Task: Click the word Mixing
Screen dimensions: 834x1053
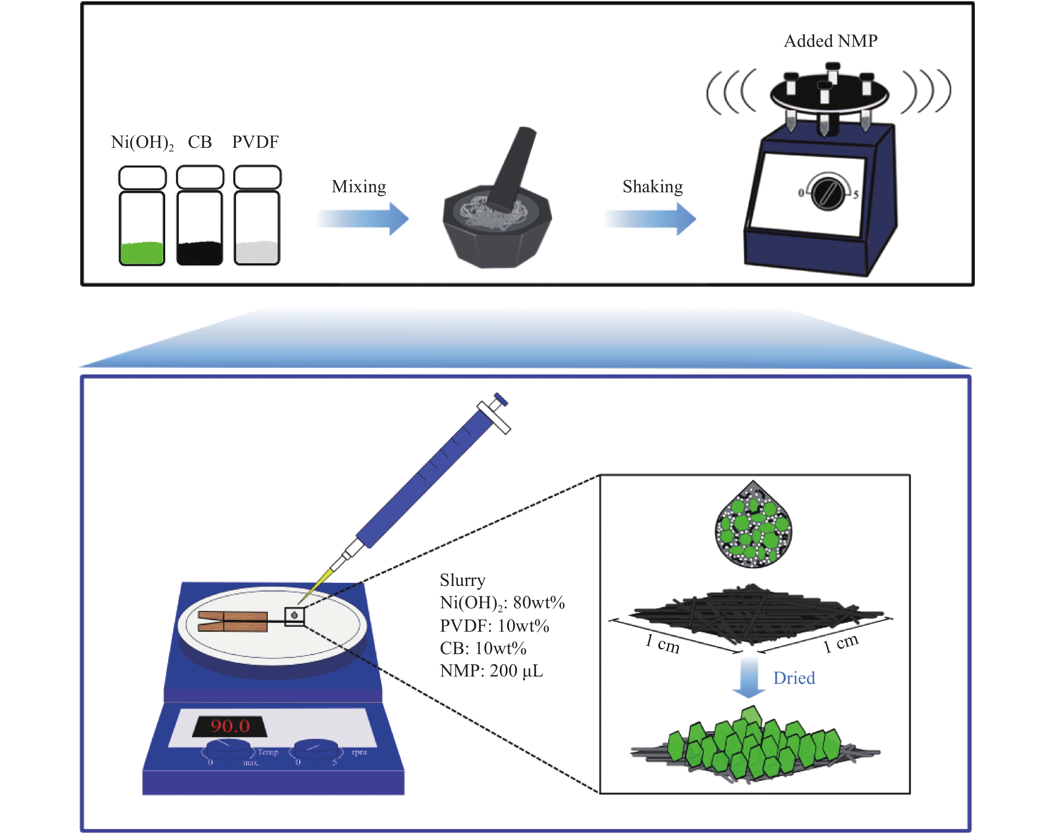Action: tap(359, 187)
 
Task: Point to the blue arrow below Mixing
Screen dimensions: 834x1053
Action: tap(363, 218)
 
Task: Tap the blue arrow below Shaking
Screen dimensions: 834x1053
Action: tap(651, 218)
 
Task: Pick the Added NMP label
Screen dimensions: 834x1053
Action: tap(830, 41)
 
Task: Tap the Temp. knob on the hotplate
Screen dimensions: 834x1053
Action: tap(228, 749)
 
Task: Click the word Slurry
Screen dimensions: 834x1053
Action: tap(462, 580)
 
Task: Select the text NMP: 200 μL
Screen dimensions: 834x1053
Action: tap(491, 671)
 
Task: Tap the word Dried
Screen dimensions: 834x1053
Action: tap(794, 678)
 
